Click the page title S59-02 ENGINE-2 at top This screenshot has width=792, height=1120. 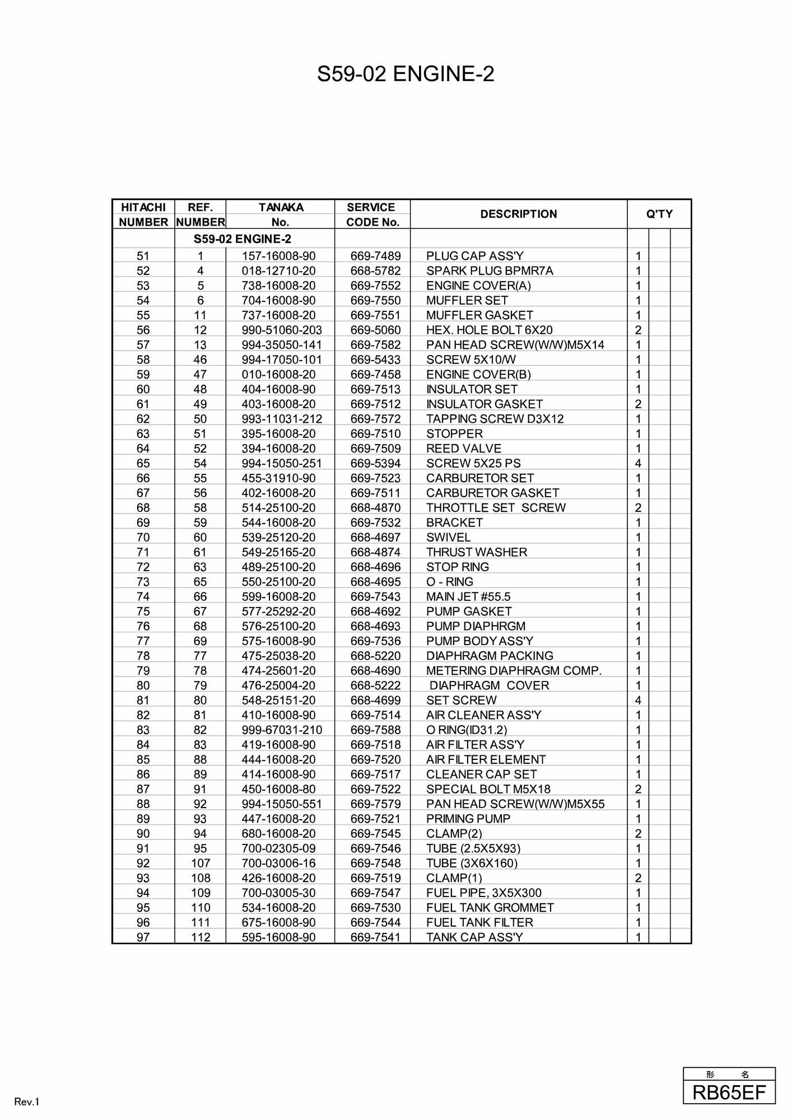tap(406, 74)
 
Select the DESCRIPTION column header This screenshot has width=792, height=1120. tap(518, 214)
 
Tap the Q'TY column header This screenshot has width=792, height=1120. tap(659, 214)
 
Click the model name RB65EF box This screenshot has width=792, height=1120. tap(729, 1093)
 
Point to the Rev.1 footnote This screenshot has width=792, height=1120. tap(27, 1102)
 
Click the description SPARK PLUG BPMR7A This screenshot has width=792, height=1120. tap(489, 271)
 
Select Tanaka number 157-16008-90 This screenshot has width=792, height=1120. tap(278, 256)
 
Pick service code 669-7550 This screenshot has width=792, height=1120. tap(375, 301)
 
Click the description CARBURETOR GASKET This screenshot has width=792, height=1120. tap(492, 493)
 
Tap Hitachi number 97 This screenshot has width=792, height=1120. tap(143, 937)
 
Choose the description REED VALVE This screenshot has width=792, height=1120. tap(463, 449)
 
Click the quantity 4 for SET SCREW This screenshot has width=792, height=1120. tap(637, 701)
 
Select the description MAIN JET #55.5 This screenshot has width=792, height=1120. tap(468, 597)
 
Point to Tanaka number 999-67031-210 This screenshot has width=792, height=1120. tap(282, 730)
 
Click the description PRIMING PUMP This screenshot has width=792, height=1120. tap(468, 819)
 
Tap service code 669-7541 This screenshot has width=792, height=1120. tap(375, 937)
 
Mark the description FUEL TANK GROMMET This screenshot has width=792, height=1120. tap(490, 908)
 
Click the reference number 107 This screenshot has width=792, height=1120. tap(200, 864)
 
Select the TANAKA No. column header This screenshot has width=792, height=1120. tap(281, 214)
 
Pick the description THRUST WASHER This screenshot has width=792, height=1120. tap(476, 552)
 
